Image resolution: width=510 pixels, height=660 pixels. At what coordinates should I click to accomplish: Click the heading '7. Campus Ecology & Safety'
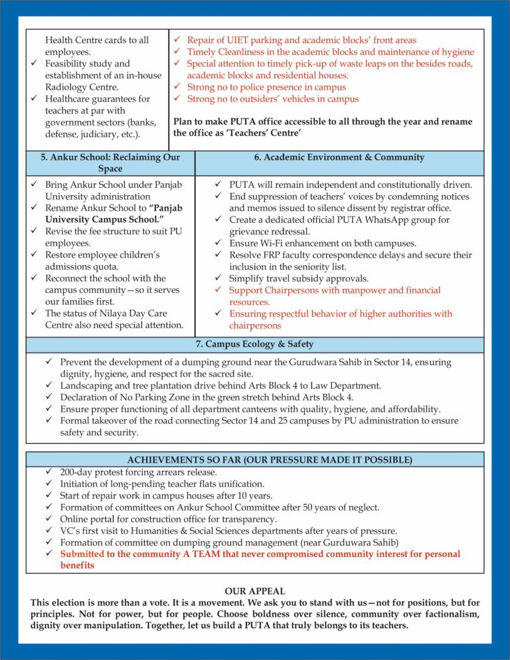pyautogui.click(x=255, y=344)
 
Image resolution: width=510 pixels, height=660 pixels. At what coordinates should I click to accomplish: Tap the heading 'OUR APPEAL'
pyautogui.click(x=255, y=591)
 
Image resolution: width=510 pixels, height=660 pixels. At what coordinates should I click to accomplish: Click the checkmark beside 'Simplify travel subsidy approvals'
pyautogui.click(x=220, y=279)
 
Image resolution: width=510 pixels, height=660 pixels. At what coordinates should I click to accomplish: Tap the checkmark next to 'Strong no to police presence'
pyautogui.click(x=177, y=87)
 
